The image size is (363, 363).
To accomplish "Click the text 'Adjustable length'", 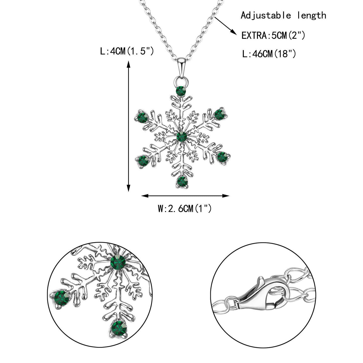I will click(x=283, y=15).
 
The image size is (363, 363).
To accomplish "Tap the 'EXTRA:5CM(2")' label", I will click(x=273, y=35).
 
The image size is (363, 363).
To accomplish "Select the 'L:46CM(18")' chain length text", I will click(x=269, y=54).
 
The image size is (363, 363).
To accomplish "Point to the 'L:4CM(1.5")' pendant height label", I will click(x=127, y=51).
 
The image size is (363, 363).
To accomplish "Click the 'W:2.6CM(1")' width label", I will click(x=185, y=208).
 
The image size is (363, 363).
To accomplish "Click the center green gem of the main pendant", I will click(x=181, y=137).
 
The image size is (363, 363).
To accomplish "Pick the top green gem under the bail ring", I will click(x=181, y=91).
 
